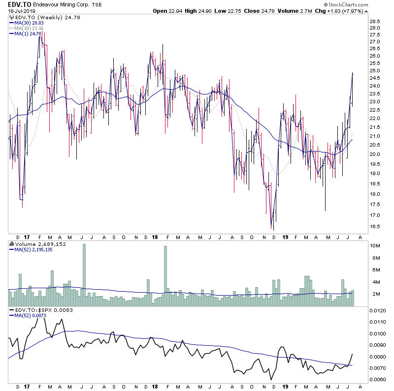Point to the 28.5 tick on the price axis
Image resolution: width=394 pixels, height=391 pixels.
click(x=375, y=21)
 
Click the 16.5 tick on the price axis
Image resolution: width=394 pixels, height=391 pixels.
click(x=375, y=226)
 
